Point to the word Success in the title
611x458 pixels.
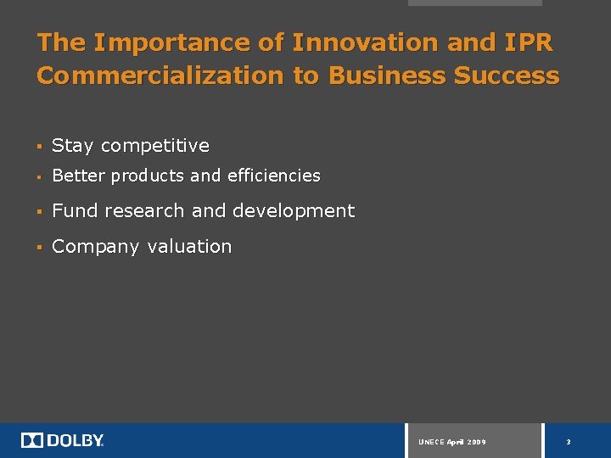tap(507, 75)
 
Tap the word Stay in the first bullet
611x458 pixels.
tap(72, 146)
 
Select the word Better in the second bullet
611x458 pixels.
tap(78, 176)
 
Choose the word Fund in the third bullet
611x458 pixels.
tap(76, 210)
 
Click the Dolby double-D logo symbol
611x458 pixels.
tap(31, 440)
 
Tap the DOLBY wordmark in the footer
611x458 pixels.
tap(76, 440)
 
